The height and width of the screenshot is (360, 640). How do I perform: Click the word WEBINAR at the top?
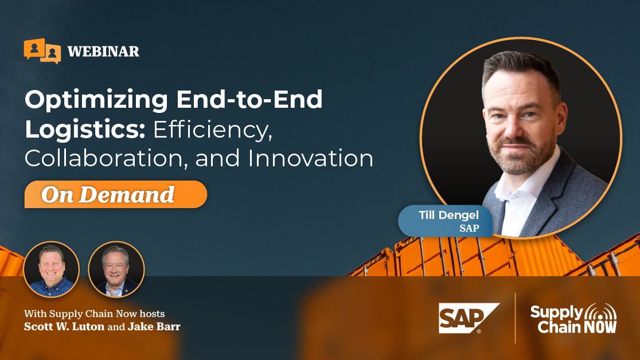(x=103, y=52)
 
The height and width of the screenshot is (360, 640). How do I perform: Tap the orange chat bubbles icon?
(x=42, y=51)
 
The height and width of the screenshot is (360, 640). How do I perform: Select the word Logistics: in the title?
(x=85, y=129)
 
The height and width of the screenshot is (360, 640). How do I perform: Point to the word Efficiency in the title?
(x=212, y=130)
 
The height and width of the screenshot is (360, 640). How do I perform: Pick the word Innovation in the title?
(x=310, y=158)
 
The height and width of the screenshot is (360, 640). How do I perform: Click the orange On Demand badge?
(x=115, y=194)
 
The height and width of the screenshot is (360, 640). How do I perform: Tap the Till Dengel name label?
(x=448, y=215)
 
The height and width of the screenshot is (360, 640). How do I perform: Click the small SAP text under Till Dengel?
(x=469, y=228)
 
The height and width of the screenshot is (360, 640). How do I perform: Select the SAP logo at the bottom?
(x=469, y=318)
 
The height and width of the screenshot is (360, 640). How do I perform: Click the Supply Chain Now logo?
(x=573, y=318)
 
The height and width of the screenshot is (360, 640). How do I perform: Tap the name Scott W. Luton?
(x=64, y=327)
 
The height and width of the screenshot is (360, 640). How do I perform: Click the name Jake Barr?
(x=154, y=327)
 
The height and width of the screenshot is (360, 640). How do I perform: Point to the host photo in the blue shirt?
(x=52, y=269)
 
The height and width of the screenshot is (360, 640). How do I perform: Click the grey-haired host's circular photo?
(x=116, y=269)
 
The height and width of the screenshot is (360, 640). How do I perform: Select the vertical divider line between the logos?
(x=515, y=318)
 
